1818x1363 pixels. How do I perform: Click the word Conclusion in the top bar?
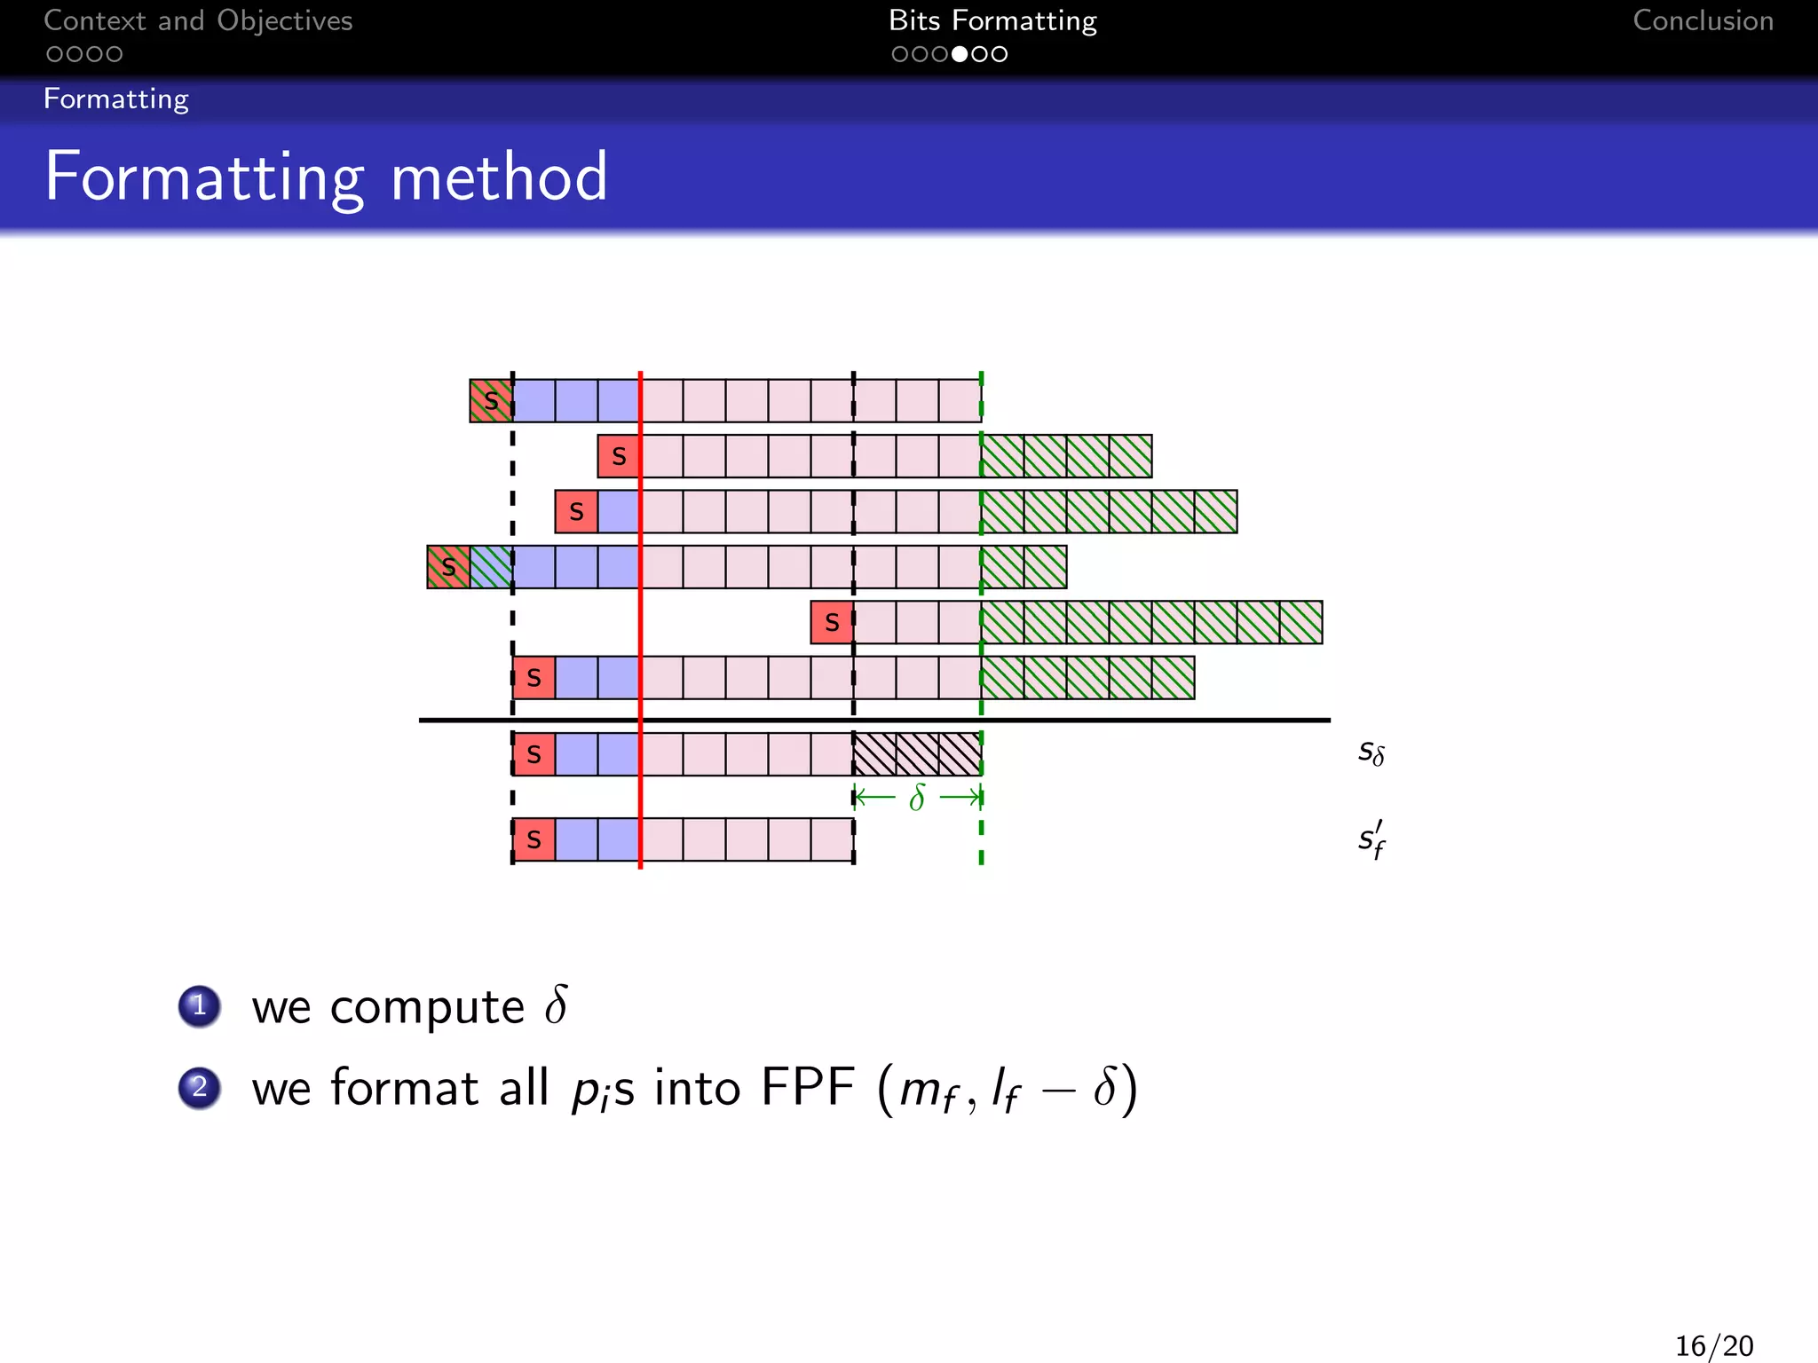pyautogui.click(x=1703, y=20)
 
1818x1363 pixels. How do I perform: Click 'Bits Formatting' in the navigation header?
pyautogui.click(x=992, y=20)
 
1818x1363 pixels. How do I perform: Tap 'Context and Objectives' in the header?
pyautogui.click(x=198, y=20)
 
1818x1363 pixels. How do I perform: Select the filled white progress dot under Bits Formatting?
pyautogui.click(x=960, y=54)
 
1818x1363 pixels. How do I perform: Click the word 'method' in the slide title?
pyautogui.click(x=499, y=177)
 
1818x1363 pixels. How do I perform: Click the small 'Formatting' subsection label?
pyautogui.click(x=116, y=98)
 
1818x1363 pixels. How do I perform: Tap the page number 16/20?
pyautogui.click(x=1713, y=1345)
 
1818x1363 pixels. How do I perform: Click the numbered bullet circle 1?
pyautogui.click(x=200, y=1006)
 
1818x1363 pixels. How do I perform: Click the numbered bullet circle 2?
pyautogui.click(x=200, y=1088)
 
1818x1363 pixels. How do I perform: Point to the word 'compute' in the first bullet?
pyautogui.click(x=427, y=1008)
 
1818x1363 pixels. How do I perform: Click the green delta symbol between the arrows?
pyautogui.click(x=917, y=798)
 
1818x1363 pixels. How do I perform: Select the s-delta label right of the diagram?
pyautogui.click(x=1371, y=752)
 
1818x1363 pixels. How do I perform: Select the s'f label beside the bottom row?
pyautogui.click(x=1371, y=839)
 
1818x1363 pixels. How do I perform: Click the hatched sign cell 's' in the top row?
pyautogui.click(x=491, y=401)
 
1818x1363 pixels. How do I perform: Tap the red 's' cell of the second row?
pyautogui.click(x=619, y=456)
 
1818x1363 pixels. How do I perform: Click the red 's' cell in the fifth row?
pyautogui.click(x=832, y=622)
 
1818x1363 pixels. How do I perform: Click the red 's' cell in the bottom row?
pyautogui.click(x=534, y=839)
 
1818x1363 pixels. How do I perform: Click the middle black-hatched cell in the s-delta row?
pyautogui.click(x=917, y=754)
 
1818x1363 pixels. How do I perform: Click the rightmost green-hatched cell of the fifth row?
pyautogui.click(x=1300, y=622)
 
